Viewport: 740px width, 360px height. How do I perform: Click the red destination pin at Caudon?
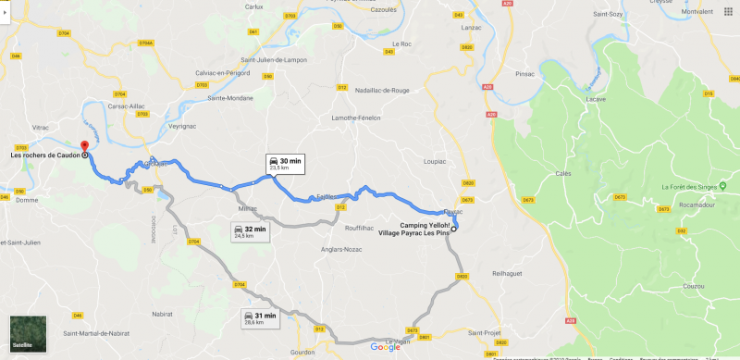84,145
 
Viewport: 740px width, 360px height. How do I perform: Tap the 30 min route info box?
284,164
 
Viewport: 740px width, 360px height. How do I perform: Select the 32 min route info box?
250,231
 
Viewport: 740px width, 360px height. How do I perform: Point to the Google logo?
386,347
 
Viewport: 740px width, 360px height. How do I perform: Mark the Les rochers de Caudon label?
43,155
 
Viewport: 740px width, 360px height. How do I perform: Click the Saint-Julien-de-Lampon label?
274,61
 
